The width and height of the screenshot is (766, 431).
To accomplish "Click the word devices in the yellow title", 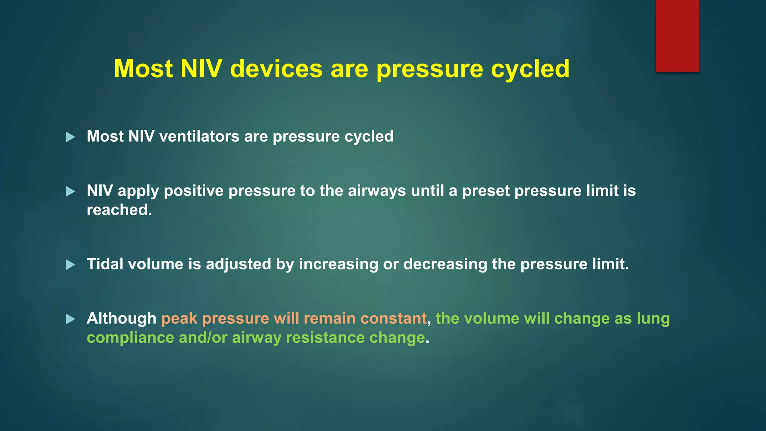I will pos(276,69).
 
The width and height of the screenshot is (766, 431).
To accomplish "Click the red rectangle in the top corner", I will pos(677,36).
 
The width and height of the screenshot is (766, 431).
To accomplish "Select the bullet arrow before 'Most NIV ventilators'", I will pos(70,137).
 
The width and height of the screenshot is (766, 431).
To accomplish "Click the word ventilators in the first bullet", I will pos(199,136).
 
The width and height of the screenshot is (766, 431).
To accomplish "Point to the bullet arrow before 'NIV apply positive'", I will pos(70,192).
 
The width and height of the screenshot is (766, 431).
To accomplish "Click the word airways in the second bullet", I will pos(377,191).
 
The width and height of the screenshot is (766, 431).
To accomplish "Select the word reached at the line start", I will pos(119,210).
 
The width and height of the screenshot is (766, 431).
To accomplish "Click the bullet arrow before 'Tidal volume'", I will pos(70,265).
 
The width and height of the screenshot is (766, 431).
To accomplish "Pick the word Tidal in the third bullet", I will pos(105,264).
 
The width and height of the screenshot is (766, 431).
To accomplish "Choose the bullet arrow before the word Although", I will pos(70,319).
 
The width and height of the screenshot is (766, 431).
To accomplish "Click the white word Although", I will pos(121,318).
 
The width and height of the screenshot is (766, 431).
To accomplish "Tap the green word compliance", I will pos(130,338).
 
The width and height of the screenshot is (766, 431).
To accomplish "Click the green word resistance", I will pos(325,337).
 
